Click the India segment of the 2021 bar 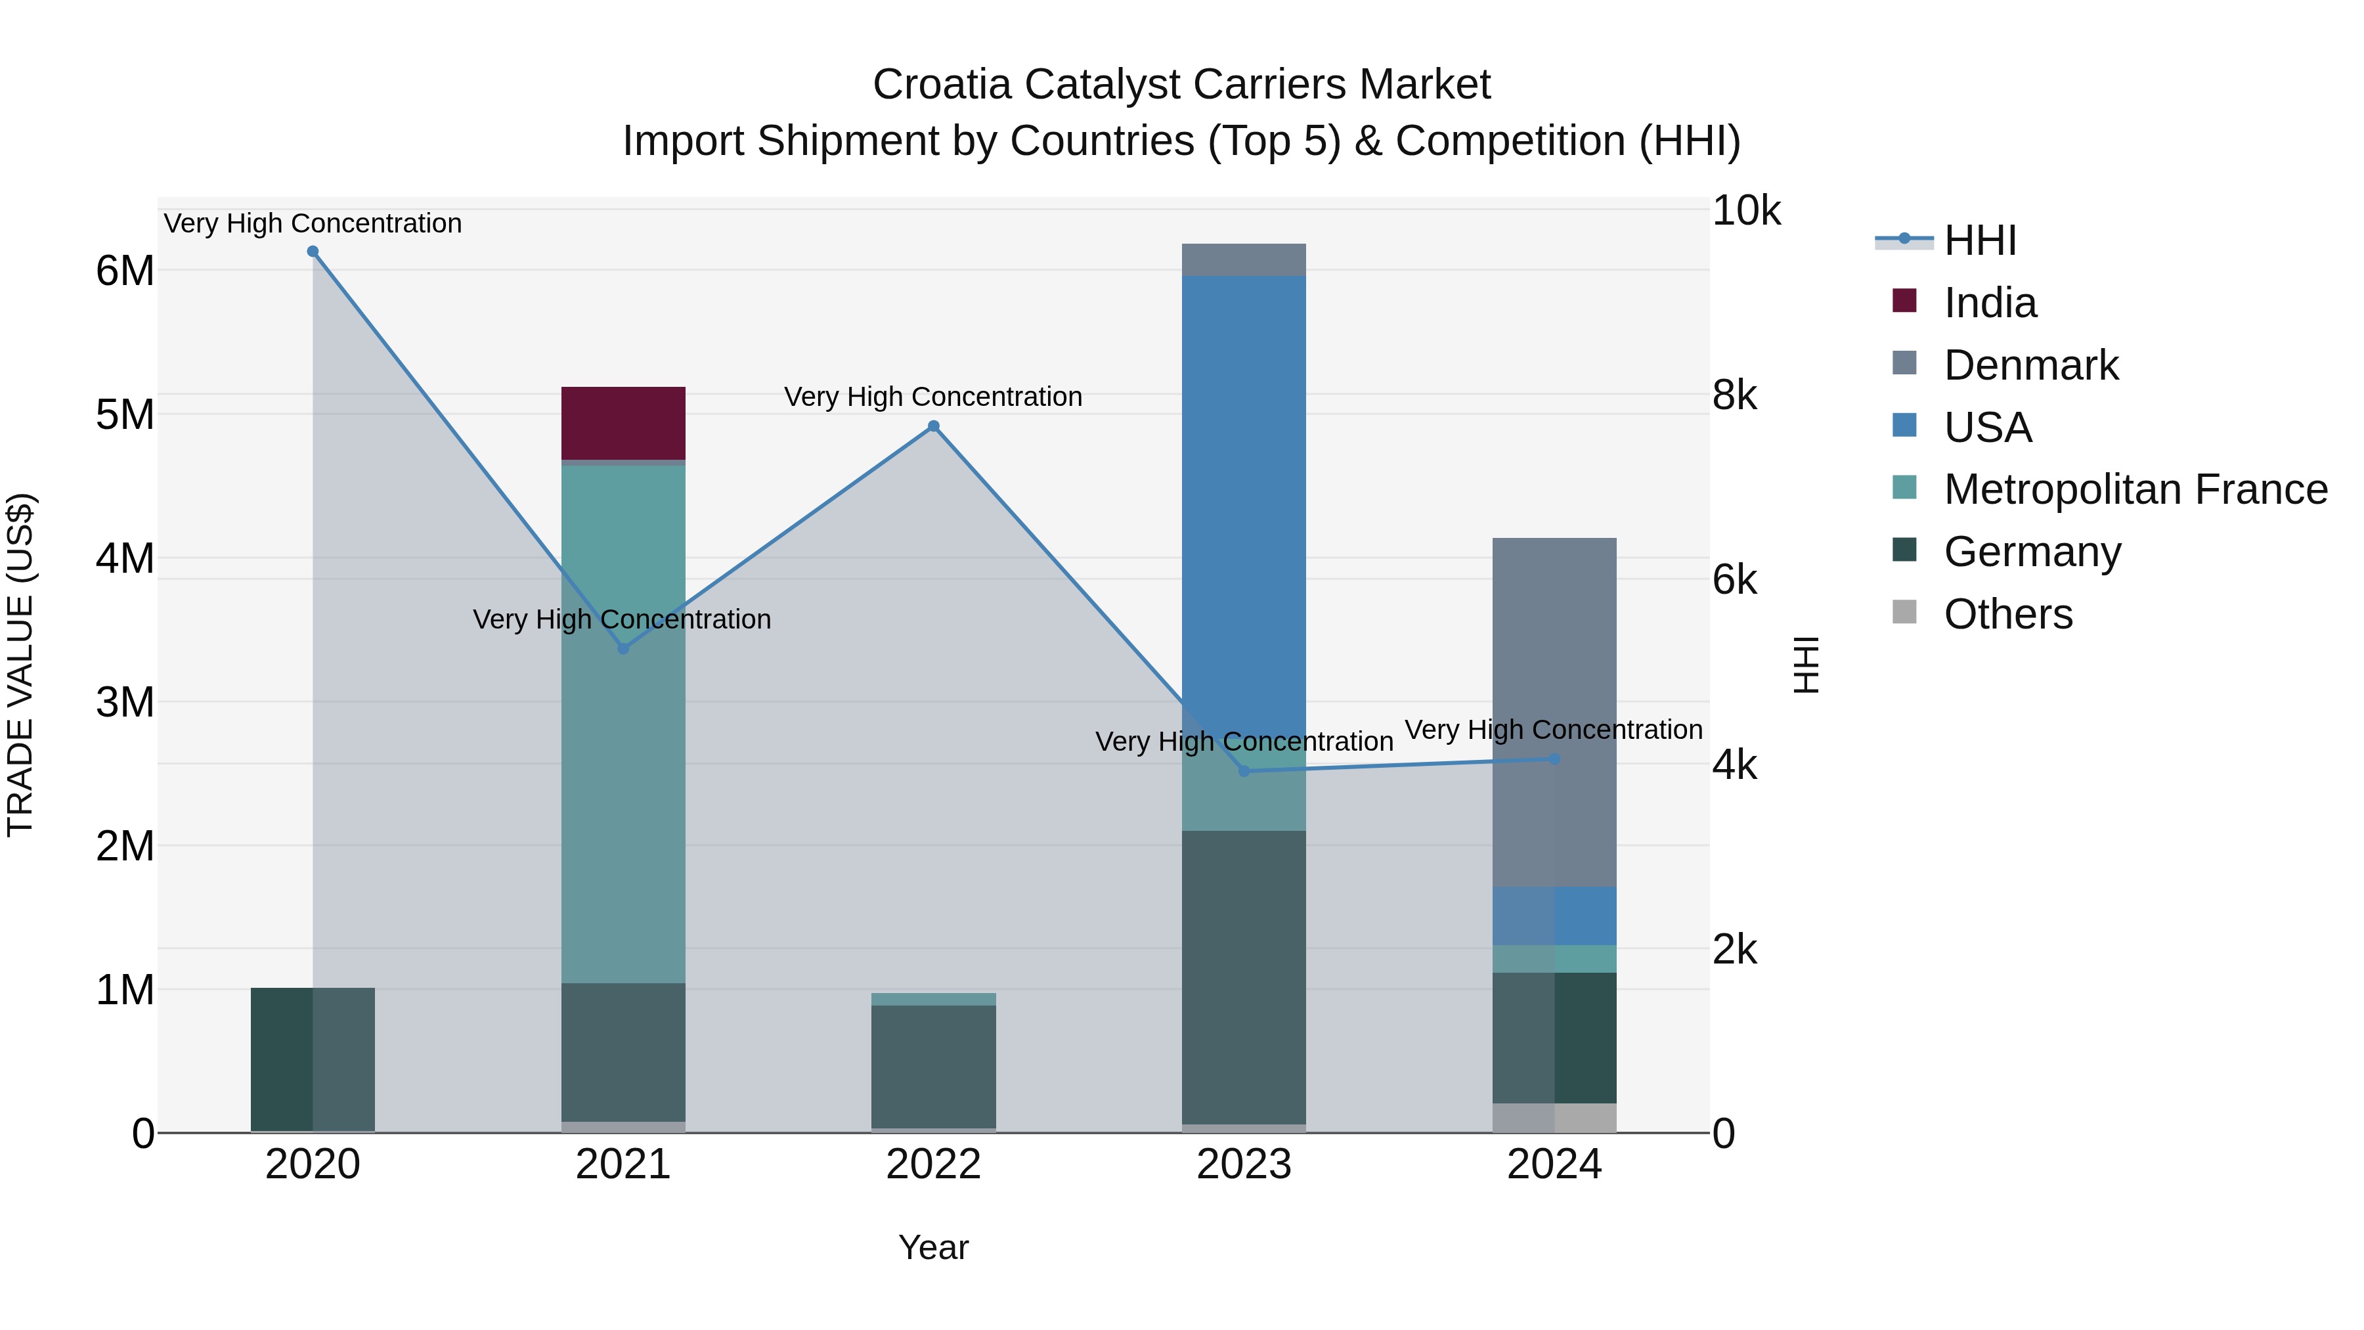point(623,422)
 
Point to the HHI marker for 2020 point(313,252)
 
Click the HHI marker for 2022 point(933,426)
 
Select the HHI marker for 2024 point(1554,759)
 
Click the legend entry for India point(1990,303)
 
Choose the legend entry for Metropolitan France point(2135,489)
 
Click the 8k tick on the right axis point(1734,395)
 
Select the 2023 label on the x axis point(1244,1164)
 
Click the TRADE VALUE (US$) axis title point(20,665)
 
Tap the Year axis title point(933,1247)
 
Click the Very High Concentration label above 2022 point(933,397)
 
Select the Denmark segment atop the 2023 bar point(1244,259)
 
